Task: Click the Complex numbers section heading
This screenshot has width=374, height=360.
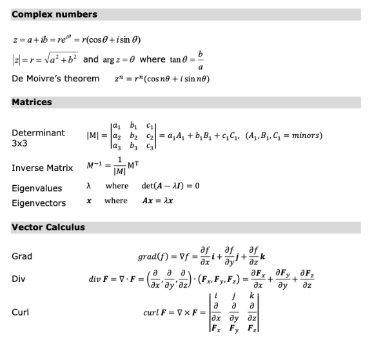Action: point(54,14)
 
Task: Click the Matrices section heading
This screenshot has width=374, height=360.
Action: point(32,102)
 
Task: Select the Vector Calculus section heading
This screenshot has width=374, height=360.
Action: point(48,227)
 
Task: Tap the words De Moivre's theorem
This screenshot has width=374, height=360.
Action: point(55,79)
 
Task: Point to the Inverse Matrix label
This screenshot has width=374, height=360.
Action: point(43,168)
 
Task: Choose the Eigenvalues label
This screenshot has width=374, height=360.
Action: point(38,188)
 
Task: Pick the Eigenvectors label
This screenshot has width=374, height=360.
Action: point(39,203)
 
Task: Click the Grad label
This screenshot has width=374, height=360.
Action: point(22,256)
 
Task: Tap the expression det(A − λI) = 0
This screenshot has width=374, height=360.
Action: point(170,186)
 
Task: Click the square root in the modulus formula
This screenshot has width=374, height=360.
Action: point(59,59)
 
